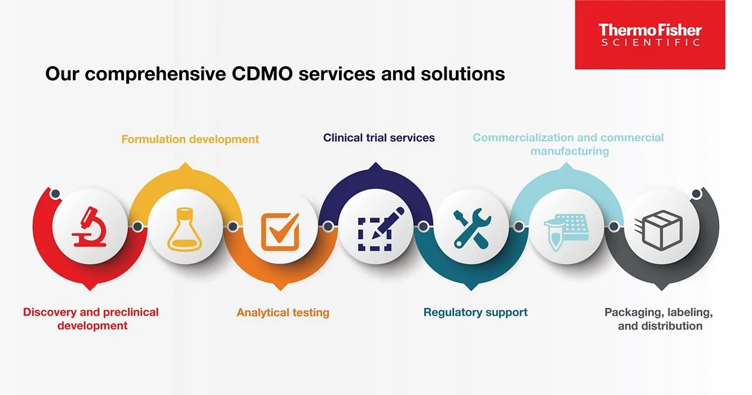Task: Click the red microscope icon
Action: pyautogui.click(x=89, y=226)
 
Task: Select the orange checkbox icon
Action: pyautogui.click(x=280, y=230)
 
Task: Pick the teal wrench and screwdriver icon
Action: pyautogui.click(x=472, y=228)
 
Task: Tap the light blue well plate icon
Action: pyautogui.click(x=565, y=232)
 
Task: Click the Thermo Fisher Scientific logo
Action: pyautogui.click(x=650, y=35)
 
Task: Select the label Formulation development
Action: pyautogui.click(x=190, y=139)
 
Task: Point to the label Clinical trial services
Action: pyautogui.click(x=379, y=138)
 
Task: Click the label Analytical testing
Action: pyautogui.click(x=283, y=313)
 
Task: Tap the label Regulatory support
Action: pyautogui.click(x=475, y=313)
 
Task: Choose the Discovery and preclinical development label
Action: pyautogui.click(x=91, y=319)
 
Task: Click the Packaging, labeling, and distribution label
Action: pyautogui.click(x=659, y=319)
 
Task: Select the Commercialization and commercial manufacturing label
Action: pyautogui.click(x=568, y=144)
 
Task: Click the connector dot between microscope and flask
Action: pyautogui.click(x=137, y=226)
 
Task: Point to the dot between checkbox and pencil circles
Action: pyautogui.click(x=328, y=226)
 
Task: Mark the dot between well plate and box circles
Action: pyautogui.click(x=614, y=226)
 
